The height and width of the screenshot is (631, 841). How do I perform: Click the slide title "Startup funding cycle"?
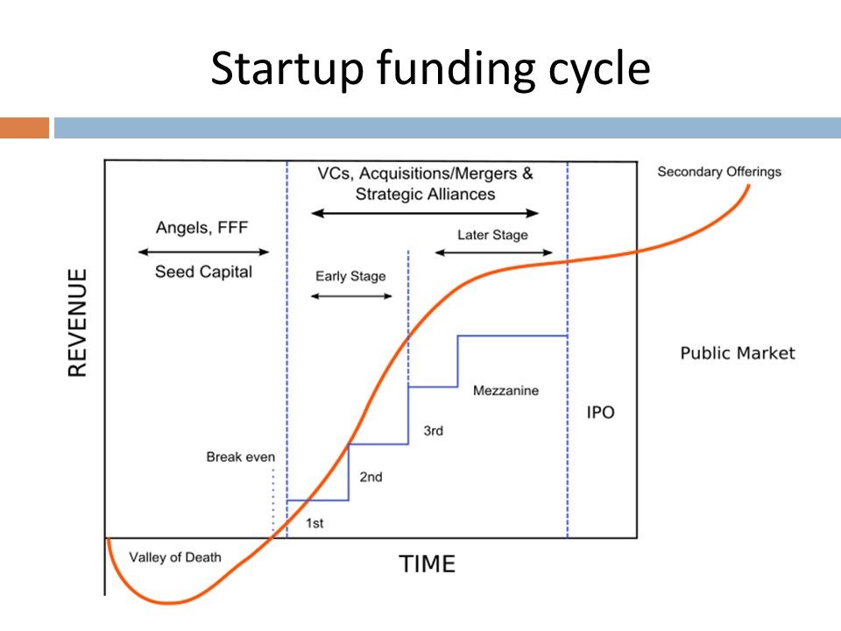tap(429, 69)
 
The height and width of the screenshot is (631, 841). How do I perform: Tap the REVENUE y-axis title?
tap(78, 323)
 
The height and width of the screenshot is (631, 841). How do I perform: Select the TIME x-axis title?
tap(428, 564)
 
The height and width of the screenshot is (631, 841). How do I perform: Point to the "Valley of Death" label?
tap(175, 557)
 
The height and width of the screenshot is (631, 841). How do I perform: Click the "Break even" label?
tap(240, 457)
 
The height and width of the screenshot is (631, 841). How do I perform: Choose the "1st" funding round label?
tap(314, 523)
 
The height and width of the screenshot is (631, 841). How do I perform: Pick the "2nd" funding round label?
tap(371, 477)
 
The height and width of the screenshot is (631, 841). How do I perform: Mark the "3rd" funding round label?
tap(433, 430)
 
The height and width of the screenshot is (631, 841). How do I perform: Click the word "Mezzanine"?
tap(505, 390)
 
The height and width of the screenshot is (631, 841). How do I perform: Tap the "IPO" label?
tap(600, 412)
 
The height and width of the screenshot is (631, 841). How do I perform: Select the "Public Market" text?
tap(738, 353)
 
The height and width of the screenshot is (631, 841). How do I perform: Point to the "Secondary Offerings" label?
tap(718, 172)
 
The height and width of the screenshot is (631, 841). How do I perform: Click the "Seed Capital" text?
tap(203, 272)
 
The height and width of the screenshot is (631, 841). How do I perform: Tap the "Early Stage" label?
tap(350, 276)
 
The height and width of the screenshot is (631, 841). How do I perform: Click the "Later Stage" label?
tap(492, 235)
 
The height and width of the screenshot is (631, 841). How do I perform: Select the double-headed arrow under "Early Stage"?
tap(351, 296)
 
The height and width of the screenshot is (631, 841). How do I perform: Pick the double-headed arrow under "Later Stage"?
tap(494, 253)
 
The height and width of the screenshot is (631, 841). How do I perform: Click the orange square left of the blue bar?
tap(25, 128)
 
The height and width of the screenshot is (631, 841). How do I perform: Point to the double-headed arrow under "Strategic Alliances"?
tap(426, 213)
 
